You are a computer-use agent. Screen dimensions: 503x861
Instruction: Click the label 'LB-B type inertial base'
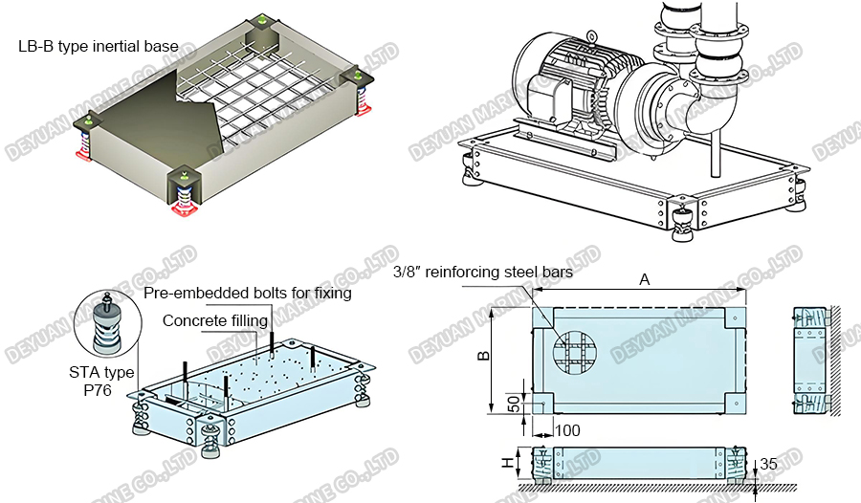(x=98, y=46)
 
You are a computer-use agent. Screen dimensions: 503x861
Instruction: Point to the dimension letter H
(x=507, y=463)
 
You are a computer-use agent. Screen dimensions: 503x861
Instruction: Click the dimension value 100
(x=567, y=431)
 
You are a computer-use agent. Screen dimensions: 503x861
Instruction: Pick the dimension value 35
(x=768, y=465)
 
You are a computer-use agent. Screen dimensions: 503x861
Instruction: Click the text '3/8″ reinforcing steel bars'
(x=483, y=272)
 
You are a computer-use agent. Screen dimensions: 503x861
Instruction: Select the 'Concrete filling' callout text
(x=215, y=320)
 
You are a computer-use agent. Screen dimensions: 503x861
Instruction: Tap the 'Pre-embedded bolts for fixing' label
(x=247, y=294)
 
